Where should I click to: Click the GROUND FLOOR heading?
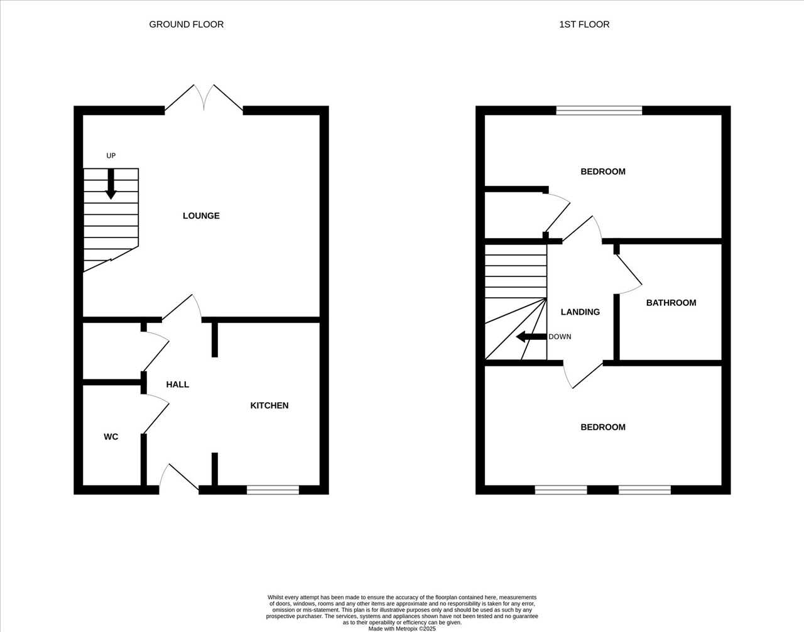pos(186,25)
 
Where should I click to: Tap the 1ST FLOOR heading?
pos(584,25)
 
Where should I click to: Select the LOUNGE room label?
pos(201,215)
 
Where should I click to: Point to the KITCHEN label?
pos(269,406)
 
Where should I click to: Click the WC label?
pos(111,437)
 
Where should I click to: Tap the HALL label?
pos(178,384)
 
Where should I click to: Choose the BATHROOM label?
pos(671,303)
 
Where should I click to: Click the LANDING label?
pos(580,312)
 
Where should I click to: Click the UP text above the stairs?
pos(111,156)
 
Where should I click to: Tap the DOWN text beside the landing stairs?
pos(560,337)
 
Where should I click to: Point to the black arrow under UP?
pos(111,184)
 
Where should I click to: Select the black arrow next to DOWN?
pos(531,337)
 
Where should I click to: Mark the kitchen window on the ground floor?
pos(273,490)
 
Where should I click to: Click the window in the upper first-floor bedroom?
pos(599,111)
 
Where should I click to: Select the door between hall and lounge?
pos(182,307)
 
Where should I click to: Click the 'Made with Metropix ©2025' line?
pos(402,629)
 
